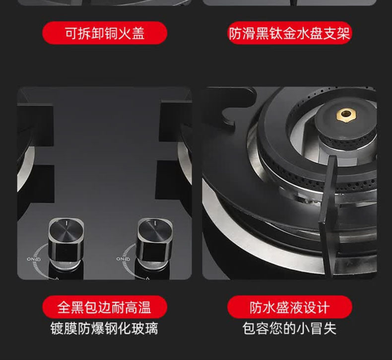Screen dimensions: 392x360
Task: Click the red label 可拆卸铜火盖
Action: point(105,33)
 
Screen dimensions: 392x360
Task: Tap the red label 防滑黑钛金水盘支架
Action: point(289,33)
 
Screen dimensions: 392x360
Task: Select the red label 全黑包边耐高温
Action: point(105,307)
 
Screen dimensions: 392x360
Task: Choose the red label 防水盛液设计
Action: point(289,307)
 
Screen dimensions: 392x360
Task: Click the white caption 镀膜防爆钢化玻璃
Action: point(105,328)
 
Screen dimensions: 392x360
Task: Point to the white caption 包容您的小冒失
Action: point(289,328)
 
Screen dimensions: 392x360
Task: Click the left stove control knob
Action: point(66,243)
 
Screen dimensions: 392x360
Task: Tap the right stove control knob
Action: point(155,243)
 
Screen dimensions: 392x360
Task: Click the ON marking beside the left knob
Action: point(34,259)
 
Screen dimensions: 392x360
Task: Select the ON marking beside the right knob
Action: point(123,259)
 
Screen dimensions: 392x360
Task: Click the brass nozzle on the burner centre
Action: point(346,114)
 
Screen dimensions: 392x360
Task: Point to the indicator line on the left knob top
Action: point(67,222)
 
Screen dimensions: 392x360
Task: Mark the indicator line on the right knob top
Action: point(155,222)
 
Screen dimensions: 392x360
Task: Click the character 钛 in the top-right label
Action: point(276,33)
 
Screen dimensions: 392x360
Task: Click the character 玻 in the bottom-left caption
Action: point(138,329)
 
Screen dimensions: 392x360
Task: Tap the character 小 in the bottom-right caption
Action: point(303,329)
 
